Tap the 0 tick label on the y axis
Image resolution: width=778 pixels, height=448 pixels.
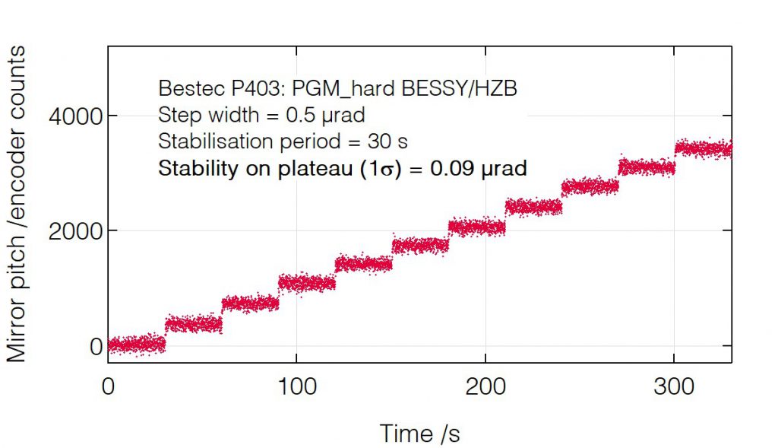pos(94,347)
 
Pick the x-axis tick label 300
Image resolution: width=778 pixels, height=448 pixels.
pos(674,386)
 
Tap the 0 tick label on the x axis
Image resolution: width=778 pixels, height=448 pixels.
pos(109,386)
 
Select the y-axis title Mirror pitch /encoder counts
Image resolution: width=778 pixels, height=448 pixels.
pos(17,204)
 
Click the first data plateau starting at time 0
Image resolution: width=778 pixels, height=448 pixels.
pos(137,344)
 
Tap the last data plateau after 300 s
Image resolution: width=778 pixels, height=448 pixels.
pos(704,148)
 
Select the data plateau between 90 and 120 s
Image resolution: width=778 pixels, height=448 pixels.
pos(307,283)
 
